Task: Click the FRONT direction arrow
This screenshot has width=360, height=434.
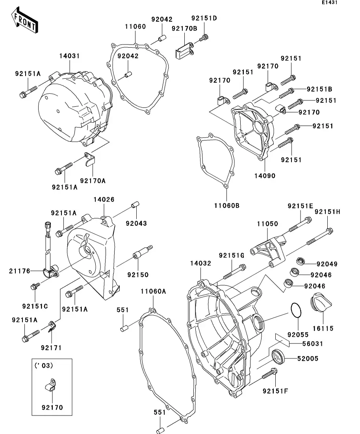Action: coord(24,21)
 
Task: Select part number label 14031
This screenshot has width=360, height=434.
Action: coord(70,56)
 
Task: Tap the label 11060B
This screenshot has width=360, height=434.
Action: coord(227,205)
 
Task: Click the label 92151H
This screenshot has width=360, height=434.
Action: coord(327,212)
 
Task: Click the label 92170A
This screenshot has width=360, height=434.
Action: coord(93,181)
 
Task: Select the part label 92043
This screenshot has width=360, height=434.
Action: coord(136,223)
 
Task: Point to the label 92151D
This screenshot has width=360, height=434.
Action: coord(204,18)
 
